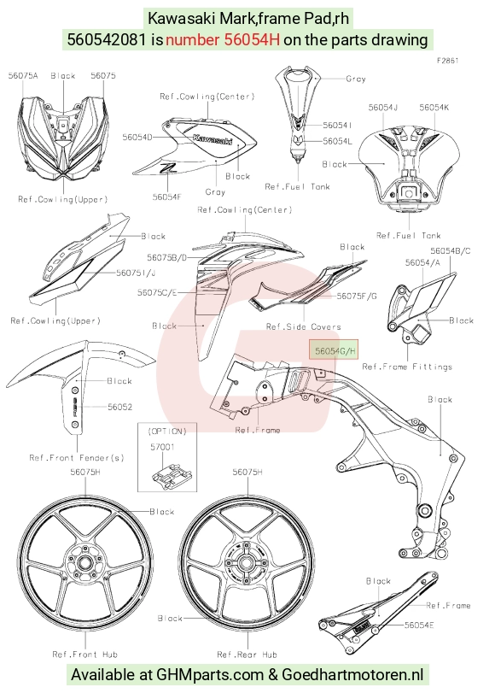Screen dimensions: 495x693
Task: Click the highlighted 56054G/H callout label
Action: pyautogui.click(x=334, y=350)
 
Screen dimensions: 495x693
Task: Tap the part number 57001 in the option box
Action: pyautogui.click(x=162, y=447)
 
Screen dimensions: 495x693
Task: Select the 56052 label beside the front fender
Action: pyautogui.click(x=119, y=407)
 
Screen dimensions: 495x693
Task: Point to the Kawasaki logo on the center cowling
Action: pyautogui.click(x=213, y=138)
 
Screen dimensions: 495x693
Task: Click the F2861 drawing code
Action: pyautogui.click(x=448, y=61)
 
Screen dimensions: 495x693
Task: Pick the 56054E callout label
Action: pyautogui.click(x=419, y=625)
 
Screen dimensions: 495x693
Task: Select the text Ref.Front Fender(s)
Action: pyautogui.click(x=77, y=457)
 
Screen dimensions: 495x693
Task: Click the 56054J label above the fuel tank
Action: pyautogui.click(x=383, y=108)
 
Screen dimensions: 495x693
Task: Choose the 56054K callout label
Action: pyautogui.click(x=434, y=108)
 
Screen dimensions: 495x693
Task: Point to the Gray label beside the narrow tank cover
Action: pyautogui.click(x=356, y=79)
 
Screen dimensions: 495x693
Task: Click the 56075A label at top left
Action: pyautogui.click(x=23, y=75)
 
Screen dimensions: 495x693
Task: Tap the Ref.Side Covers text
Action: pyautogui.click(x=303, y=326)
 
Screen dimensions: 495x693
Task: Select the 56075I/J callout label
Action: pyautogui.click(x=136, y=273)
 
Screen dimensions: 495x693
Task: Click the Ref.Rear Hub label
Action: pyautogui.click(x=247, y=654)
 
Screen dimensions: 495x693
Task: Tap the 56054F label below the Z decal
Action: pyautogui.click(x=167, y=197)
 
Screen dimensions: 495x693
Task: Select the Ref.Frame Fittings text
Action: pyautogui.click(x=407, y=367)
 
